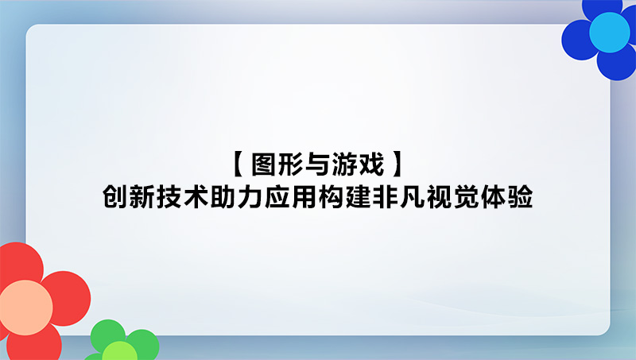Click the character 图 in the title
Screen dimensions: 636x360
click(264, 165)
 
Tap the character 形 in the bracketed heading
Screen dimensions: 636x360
click(291, 165)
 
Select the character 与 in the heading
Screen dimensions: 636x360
click(317, 165)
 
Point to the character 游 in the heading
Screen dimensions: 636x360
click(344, 165)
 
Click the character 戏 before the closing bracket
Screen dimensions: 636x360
click(371, 165)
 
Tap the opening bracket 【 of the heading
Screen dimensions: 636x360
click(238, 165)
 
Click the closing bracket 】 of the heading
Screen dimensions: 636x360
click(398, 165)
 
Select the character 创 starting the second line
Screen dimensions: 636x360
click(115, 197)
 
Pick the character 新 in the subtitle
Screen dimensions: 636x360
click(142, 197)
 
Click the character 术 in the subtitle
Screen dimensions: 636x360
click(196, 197)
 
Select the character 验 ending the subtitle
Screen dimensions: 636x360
click(520, 197)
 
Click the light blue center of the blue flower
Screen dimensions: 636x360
click(609, 33)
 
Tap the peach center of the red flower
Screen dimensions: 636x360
click(26, 308)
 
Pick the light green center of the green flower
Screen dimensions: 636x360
click(120, 351)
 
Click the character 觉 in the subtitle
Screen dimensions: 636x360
click(466, 197)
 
